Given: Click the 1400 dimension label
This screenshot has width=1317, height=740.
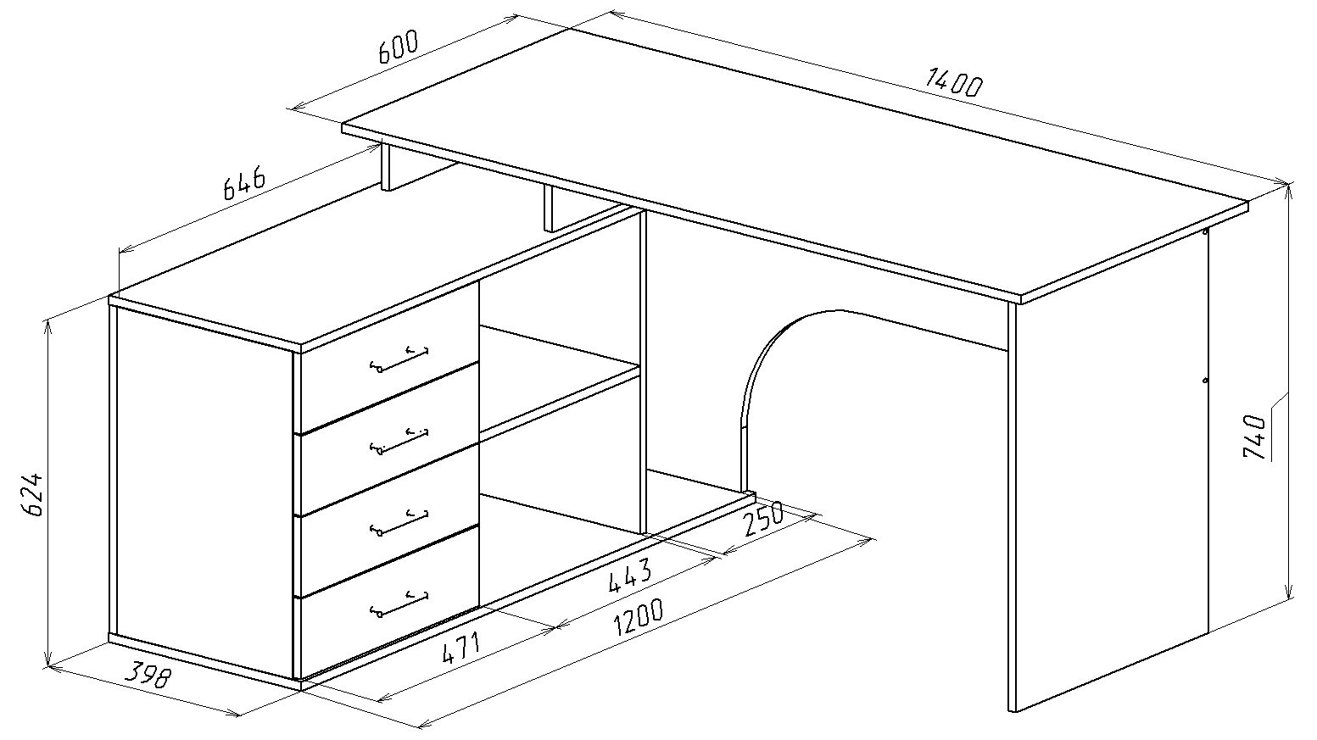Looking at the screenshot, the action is (x=953, y=83).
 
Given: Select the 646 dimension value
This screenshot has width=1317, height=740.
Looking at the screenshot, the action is (x=244, y=184).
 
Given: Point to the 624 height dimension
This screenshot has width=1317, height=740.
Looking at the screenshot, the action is (x=35, y=493).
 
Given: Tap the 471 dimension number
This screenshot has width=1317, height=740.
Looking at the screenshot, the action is (x=460, y=650).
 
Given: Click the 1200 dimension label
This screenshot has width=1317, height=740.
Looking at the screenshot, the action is (x=638, y=619).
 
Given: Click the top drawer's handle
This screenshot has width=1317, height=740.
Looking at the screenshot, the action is (x=399, y=359).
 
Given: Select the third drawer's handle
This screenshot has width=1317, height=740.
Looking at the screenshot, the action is (x=399, y=522).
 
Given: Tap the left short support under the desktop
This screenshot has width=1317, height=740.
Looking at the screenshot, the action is (x=388, y=167).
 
